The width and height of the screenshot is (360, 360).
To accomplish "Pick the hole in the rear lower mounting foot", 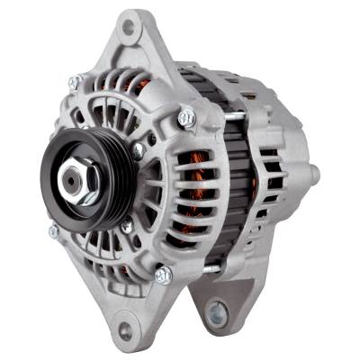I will pos(216,314).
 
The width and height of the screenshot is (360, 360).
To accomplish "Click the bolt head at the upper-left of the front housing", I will pos(75,83).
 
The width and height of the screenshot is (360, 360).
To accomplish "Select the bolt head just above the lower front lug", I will pos(163,274).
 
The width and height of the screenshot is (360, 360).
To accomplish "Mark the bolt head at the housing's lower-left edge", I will pos(54,231).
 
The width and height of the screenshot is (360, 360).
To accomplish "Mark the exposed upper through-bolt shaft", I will pos(216,114).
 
